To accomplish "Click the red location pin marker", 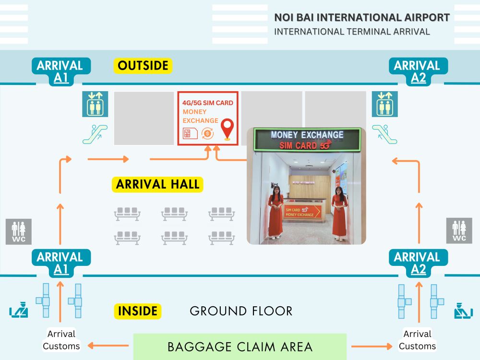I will (x=227, y=129).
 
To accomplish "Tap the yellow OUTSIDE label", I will (x=143, y=66).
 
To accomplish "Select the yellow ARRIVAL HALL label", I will (x=158, y=184).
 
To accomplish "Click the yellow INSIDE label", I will (x=137, y=311).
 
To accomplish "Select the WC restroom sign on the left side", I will (x=19, y=231).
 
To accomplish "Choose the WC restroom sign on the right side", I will (x=459, y=230).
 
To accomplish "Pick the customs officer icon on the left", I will (x=19, y=311).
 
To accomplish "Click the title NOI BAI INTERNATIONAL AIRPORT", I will (x=362, y=18).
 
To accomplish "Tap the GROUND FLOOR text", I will (x=241, y=311).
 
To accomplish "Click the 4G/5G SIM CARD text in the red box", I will (x=208, y=103).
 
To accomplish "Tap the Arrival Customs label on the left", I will (x=61, y=340).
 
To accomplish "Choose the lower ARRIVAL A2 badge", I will (x=419, y=263).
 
